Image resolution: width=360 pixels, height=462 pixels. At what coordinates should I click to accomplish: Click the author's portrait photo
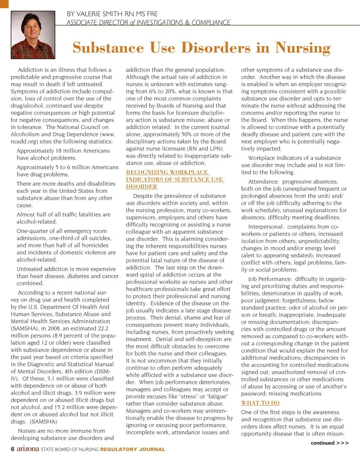tap(33, 35)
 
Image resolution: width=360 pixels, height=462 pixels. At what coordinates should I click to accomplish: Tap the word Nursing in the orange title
tap(303, 48)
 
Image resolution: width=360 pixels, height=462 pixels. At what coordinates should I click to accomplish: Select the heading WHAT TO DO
tap(260, 403)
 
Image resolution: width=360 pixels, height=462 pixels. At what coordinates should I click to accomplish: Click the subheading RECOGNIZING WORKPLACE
tap(167, 172)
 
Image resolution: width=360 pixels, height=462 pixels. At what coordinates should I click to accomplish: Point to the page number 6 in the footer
tap(13, 449)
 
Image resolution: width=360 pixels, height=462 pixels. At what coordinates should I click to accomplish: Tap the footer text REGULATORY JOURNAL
tap(133, 449)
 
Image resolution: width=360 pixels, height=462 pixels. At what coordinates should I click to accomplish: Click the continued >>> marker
tap(330, 443)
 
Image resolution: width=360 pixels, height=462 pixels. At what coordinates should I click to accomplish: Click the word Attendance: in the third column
tap(262, 181)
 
